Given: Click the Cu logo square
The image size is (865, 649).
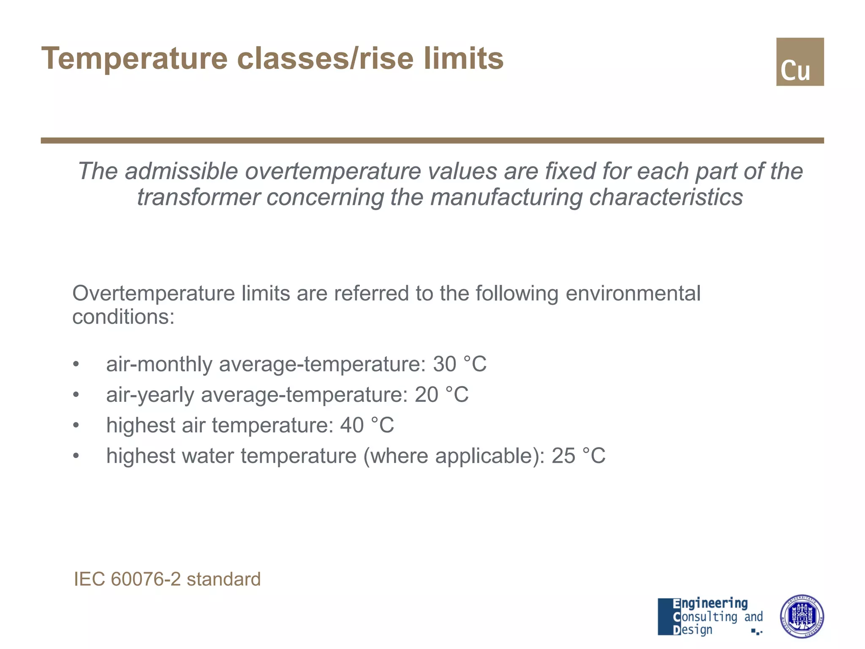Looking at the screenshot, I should (800, 62).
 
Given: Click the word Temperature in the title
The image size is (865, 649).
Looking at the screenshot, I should (134, 58).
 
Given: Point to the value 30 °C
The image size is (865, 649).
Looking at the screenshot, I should (460, 364).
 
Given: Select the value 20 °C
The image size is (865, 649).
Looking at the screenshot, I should (441, 395).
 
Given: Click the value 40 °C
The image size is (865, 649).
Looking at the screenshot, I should (367, 425).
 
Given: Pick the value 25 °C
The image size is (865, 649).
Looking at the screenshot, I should (578, 456).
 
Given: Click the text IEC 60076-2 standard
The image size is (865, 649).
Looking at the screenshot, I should (167, 579).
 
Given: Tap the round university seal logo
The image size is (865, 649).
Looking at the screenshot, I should (801, 616).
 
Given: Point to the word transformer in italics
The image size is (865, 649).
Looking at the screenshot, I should (199, 197).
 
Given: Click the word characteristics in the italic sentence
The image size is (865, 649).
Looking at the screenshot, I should (666, 197).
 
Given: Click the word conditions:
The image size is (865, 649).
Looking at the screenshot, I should (123, 316).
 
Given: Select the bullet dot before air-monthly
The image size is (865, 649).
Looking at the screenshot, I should (76, 364).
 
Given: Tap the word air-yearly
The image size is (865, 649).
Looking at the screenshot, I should (150, 395).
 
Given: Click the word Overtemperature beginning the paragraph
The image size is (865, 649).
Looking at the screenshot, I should (153, 293).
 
